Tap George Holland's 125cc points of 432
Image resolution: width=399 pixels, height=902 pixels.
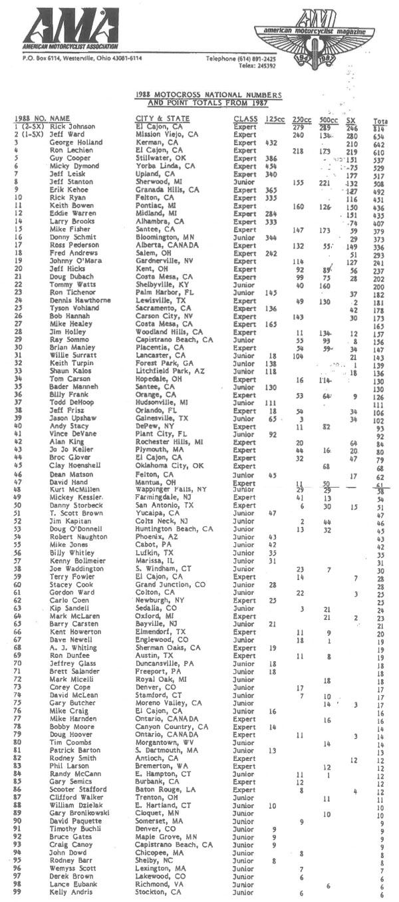(x=271, y=143)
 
